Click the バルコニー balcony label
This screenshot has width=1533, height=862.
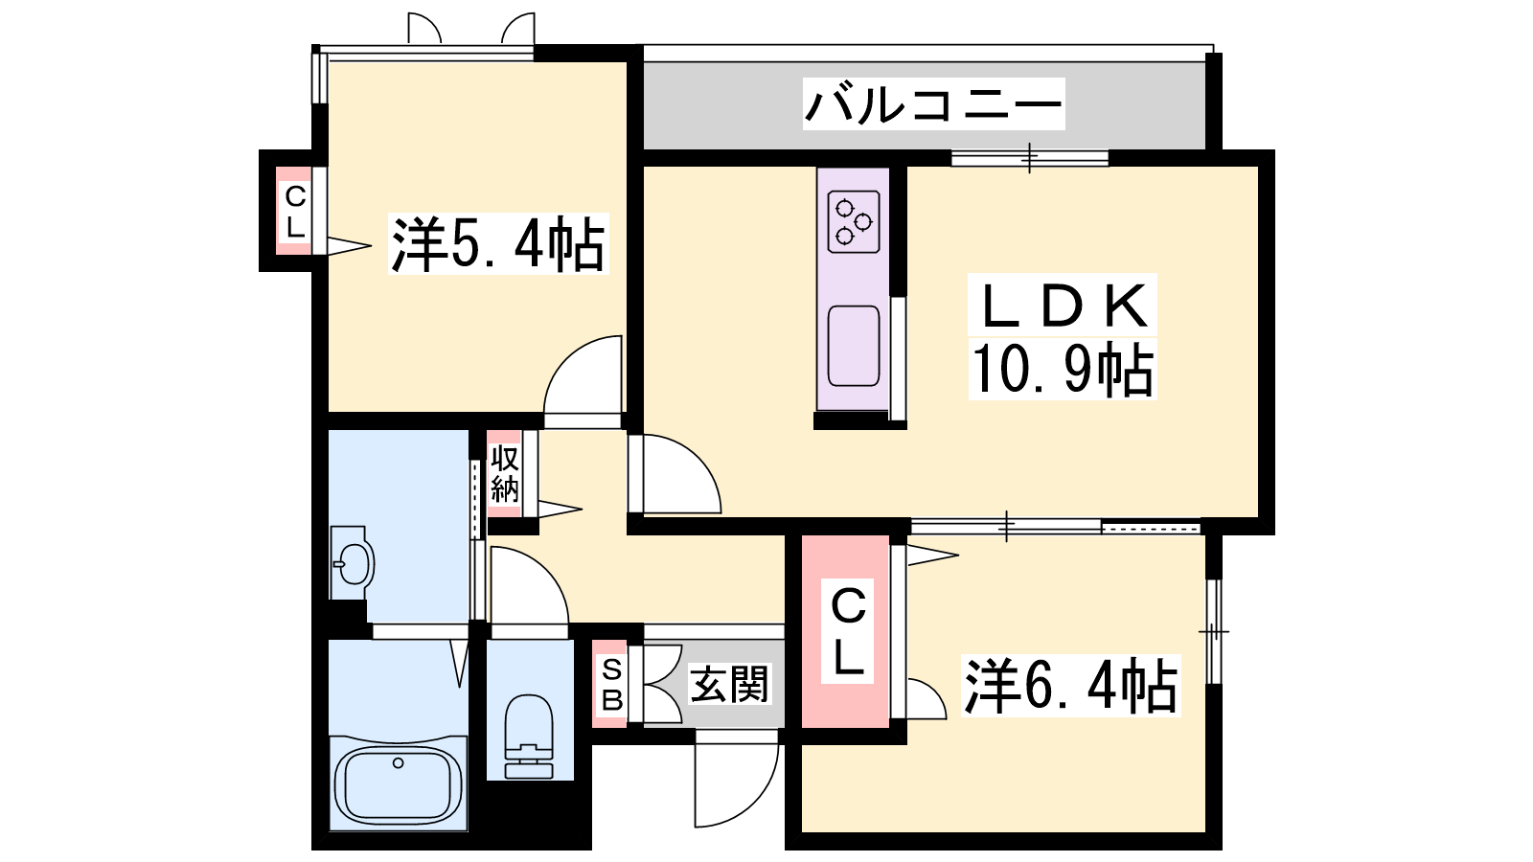(933, 104)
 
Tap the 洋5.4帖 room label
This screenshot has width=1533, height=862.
(498, 244)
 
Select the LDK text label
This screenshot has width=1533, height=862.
(1063, 306)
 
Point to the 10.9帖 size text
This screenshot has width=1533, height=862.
(1063, 369)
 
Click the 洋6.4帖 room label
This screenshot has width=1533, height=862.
(1071, 686)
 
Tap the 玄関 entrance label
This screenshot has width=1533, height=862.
(729, 684)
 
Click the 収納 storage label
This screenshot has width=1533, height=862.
(504, 473)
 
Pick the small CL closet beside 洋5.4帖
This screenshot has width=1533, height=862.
(294, 212)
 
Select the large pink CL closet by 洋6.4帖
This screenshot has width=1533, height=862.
(846, 631)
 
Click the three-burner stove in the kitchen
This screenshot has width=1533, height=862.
(854, 221)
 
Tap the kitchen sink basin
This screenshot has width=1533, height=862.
(854, 346)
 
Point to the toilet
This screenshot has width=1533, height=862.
(529, 737)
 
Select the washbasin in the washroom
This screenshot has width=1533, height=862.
(353, 562)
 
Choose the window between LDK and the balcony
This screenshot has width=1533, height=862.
(1029, 158)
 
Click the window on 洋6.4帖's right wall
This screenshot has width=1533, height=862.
(1213, 631)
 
